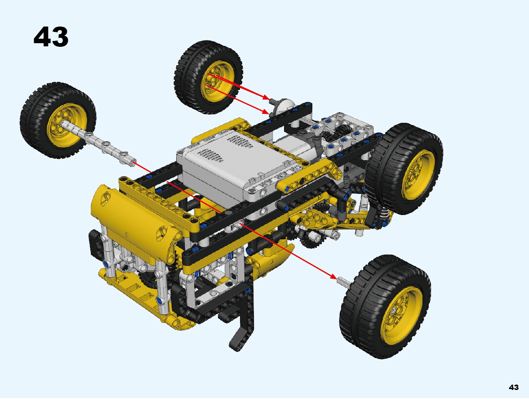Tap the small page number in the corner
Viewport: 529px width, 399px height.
coord(513,387)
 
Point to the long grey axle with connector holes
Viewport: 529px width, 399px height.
coord(98,143)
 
